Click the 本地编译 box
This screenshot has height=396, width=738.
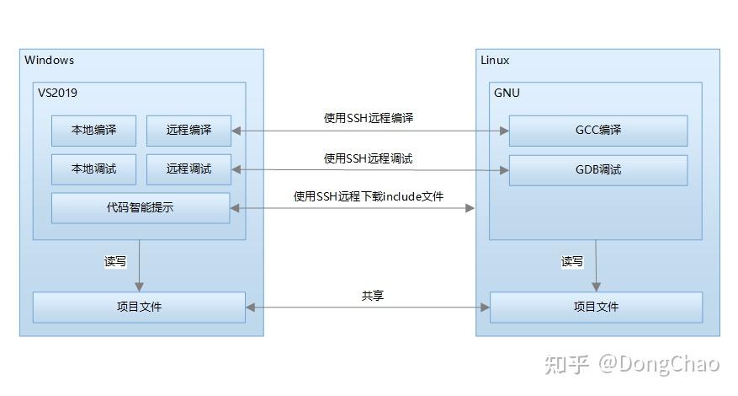(x=93, y=131)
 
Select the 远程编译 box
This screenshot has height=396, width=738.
(x=188, y=131)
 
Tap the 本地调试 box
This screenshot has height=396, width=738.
(x=93, y=169)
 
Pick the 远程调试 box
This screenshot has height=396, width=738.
(x=188, y=169)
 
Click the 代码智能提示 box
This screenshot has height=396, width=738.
(x=141, y=207)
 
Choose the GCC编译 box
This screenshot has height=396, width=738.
(x=597, y=131)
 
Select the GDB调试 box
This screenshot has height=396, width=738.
(x=597, y=169)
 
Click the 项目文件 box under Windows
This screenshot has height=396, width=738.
(x=139, y=307)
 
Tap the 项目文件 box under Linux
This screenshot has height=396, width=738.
(x=596, y=307)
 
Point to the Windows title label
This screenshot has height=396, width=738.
(x=50, y=60)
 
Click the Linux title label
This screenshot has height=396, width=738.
(x=495, y=60)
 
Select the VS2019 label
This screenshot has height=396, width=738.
(x=57, y=93)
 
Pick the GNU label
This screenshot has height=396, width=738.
(x=507, y=93)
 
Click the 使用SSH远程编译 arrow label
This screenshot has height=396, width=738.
(x=369, y=119)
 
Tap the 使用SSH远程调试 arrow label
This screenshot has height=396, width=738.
(x=369, y=158)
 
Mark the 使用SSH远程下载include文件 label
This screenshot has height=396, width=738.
(x=369, y=196)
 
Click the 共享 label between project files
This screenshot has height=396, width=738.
(x=373, y=296)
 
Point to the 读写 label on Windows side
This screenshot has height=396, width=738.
(x=115, y=262)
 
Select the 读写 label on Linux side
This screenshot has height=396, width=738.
(x=572, y=262)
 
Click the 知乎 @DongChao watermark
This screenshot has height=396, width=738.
(x=631, y=364)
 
